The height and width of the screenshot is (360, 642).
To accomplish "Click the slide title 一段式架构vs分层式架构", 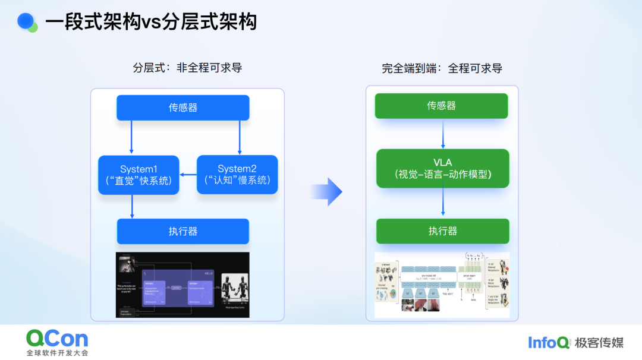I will click(151, 22).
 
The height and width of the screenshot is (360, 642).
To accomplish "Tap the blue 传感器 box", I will click(182, 108).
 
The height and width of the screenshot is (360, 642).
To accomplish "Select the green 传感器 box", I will click(441, 106).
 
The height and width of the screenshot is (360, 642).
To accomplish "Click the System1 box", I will click(139, 175).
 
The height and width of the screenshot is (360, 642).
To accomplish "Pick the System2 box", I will click(237, 175).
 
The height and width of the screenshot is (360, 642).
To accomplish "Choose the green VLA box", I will click(442, 168).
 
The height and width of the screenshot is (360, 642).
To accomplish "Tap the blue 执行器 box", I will click(182, 231).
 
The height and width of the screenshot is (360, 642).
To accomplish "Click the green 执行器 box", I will click(442, 231).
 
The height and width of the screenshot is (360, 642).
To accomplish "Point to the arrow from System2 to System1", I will click(188, 174).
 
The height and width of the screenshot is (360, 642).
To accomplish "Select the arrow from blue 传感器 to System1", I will click(131, 137).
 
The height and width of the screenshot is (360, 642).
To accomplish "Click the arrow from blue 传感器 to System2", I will click(239, 137).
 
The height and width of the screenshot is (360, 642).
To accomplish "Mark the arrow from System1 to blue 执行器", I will click(131, 206).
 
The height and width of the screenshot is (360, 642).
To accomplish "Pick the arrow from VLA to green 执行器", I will click(442, 203).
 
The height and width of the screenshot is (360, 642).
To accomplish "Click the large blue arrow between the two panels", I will click(328, 191).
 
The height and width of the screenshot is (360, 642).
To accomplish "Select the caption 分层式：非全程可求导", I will click(187, 68).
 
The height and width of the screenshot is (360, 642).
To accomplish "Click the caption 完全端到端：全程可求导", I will click(442, 68).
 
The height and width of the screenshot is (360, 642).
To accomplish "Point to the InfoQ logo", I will click(548, 342).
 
